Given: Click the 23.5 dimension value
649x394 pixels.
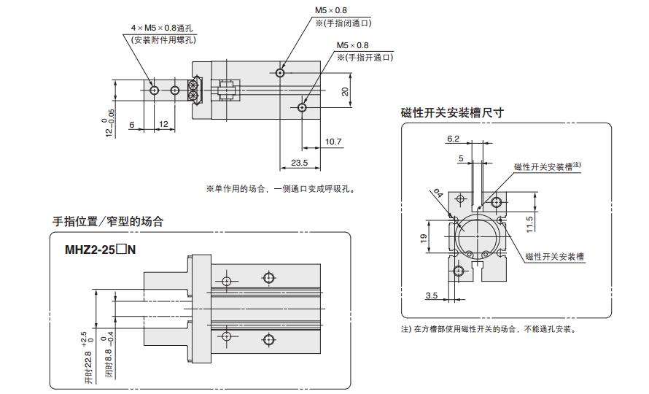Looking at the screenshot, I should (x=300, y=163).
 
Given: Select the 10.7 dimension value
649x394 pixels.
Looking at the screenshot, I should (x=333, y=141).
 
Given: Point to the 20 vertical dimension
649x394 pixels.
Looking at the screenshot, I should (x=344, y=92).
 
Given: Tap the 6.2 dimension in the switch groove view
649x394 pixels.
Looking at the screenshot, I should (x=453, y=138).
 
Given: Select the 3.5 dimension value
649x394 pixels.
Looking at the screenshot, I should (x=431, y=295).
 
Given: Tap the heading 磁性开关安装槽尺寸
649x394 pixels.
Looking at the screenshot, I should (x=452, y=112).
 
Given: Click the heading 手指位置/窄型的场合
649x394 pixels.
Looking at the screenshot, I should (x=108, y=221).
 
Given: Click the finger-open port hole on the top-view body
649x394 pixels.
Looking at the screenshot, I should (x=303, y=107).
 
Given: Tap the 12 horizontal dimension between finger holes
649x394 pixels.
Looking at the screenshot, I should (x=163, y=124).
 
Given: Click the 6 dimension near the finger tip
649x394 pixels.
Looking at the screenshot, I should (x=132, y=124).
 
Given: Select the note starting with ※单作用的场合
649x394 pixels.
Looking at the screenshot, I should (x=280, y=189).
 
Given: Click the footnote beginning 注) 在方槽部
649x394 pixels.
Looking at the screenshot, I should (x=489, y=329).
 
